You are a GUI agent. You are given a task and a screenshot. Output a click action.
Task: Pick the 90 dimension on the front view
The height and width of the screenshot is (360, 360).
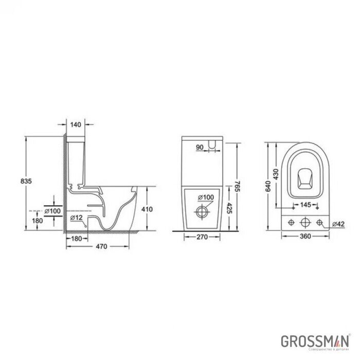tap(200, 148)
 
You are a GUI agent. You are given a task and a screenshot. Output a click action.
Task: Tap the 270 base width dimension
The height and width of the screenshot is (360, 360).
tap(202, 238)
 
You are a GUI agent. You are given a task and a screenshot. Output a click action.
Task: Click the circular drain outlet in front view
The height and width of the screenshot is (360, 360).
tap(202, 210)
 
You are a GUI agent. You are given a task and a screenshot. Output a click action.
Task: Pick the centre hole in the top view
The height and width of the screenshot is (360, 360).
tap(305, 222)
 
